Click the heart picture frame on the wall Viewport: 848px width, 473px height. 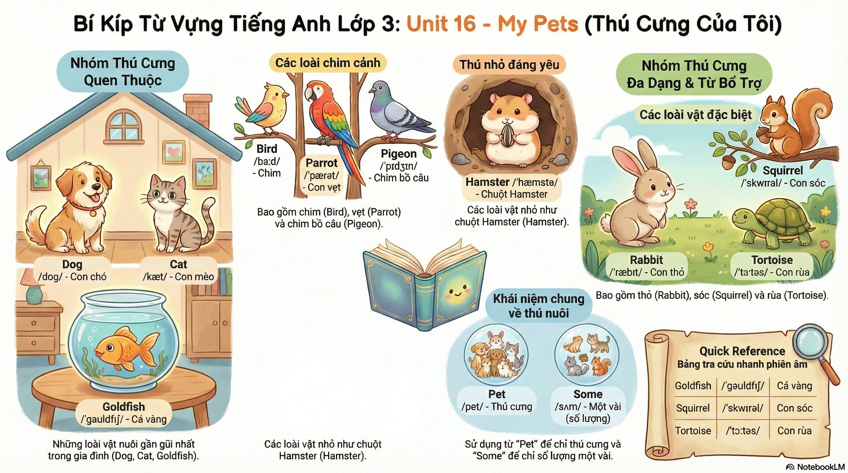point(173,152)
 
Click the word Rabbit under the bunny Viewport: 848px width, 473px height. point(646,260)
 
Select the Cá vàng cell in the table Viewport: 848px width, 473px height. point(794,386)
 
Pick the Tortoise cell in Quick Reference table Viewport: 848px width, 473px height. point(693,431)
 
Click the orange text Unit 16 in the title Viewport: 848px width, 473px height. point(441,24)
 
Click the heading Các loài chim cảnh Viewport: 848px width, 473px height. point(328,63)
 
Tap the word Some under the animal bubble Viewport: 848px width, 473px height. point(588,394)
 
